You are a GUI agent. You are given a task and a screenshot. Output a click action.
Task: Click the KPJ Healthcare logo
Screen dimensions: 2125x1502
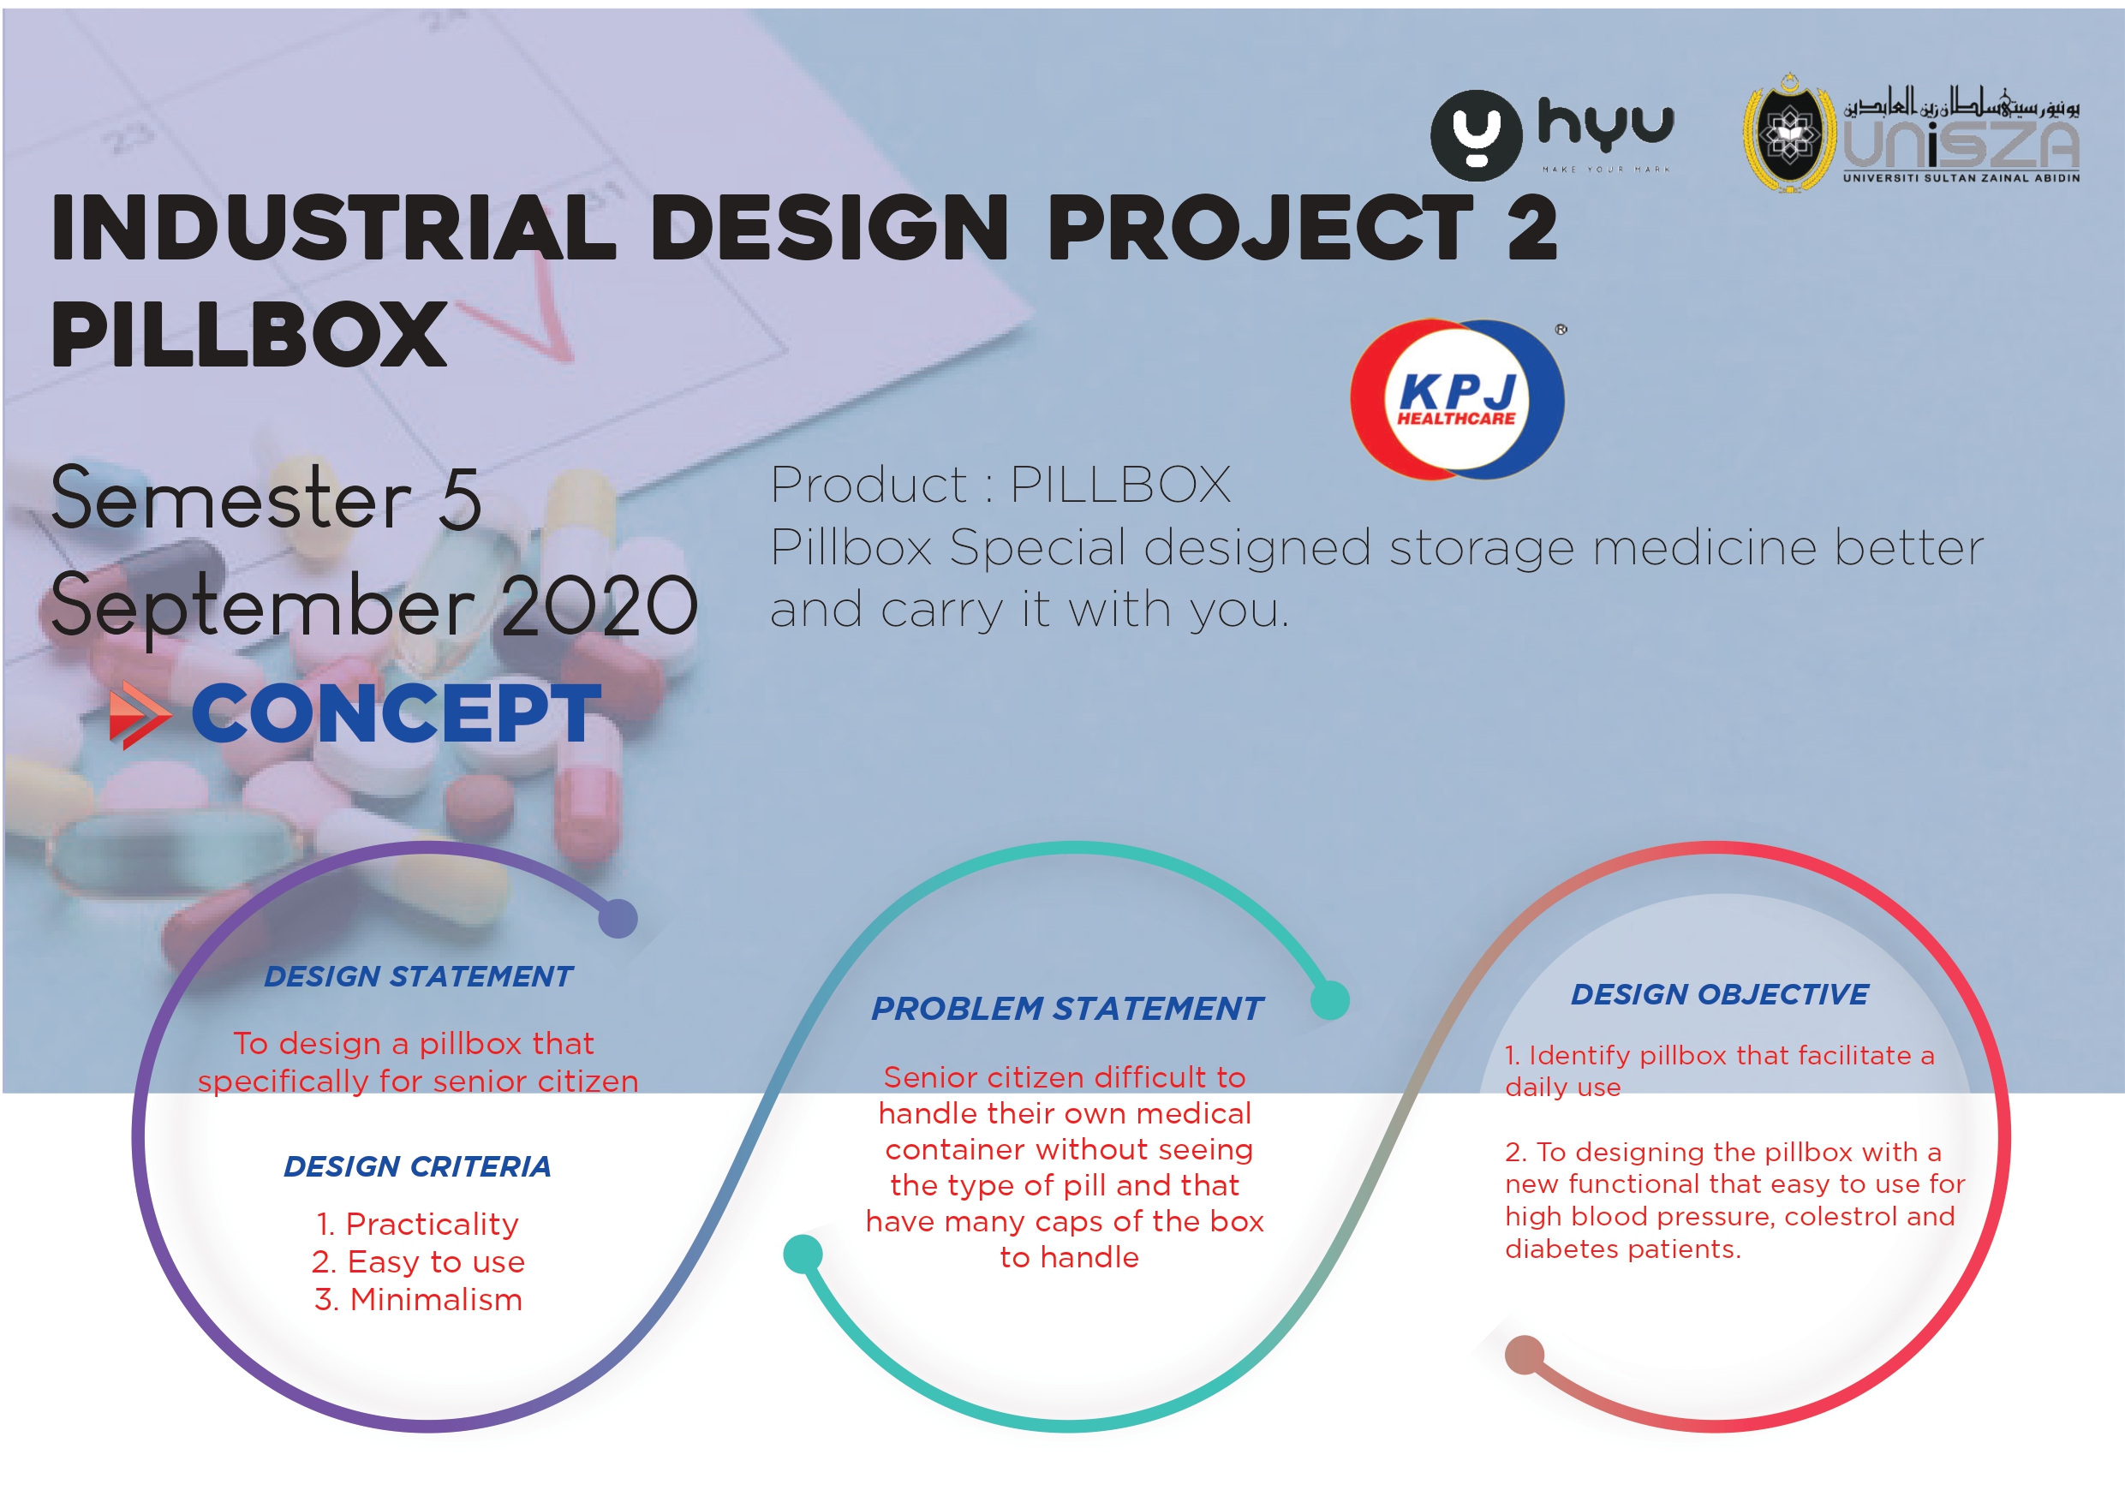click(x=1458, y=399)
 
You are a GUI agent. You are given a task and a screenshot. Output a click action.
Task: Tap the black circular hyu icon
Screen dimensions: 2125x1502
click(x=1477, y=135)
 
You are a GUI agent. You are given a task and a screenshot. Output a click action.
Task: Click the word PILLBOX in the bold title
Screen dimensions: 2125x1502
click(x=249, y=334)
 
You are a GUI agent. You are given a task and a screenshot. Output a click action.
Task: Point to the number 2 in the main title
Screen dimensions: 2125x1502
click(x=1531, y=228)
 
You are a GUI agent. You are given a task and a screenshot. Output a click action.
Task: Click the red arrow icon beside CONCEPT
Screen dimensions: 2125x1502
click(x=140, y=715)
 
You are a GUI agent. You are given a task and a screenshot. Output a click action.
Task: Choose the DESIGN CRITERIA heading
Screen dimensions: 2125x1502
click(x=417, y=1166)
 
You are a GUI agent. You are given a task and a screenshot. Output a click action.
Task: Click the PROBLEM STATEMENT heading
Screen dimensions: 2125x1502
click(x=1067, y=1009)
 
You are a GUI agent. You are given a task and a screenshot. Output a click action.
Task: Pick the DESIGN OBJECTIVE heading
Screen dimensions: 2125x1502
click(x=1720, y=995)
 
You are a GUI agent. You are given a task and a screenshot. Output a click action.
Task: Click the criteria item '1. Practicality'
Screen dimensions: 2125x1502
click(x=417, y=1225)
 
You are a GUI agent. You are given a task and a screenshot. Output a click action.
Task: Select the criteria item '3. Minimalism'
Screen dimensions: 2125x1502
click(x=418, y=1299)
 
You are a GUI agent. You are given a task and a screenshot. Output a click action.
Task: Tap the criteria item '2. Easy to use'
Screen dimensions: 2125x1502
click(x=418, y=1262)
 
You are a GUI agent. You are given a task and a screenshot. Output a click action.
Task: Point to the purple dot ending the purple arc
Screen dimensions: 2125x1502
click(x=618, y=919)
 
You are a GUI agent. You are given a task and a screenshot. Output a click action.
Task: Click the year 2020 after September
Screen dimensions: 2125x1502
click(x=600, y=606)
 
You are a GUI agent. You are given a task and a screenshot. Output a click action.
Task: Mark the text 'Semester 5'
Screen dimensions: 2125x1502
click(x=266, y=499)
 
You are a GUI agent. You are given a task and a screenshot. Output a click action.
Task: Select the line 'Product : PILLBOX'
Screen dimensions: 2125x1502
click(x=1000, y=484)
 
